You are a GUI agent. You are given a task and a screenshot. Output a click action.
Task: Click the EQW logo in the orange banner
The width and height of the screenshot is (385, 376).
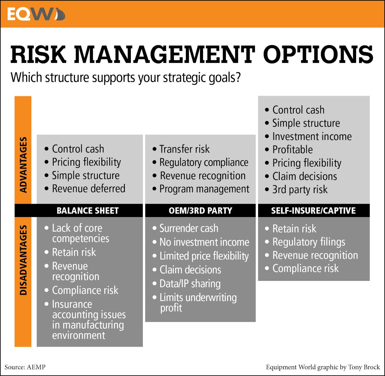tap(36, 14)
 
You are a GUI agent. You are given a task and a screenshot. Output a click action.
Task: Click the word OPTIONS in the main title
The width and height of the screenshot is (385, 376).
tap(318, 54)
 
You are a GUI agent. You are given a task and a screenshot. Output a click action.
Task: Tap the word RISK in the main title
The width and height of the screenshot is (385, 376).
tap(38, 54)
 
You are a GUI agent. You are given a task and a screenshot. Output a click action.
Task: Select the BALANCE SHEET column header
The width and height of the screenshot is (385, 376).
tap(88, 210)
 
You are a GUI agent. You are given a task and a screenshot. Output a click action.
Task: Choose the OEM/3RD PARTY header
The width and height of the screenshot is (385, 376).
tap(200, 210)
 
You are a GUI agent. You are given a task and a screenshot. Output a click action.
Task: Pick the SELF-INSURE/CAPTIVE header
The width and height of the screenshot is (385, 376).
tap(313, 210)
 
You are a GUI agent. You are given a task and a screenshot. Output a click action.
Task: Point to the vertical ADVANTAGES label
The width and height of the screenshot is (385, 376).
tap(23, 165)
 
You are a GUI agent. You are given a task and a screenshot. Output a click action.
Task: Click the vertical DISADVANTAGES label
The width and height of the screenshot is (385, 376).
tap(23, 260)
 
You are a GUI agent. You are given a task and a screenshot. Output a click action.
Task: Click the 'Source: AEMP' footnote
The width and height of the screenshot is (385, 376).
tap(25, 367)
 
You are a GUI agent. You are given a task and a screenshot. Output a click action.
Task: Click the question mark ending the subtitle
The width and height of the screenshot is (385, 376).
tap(238, 77)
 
